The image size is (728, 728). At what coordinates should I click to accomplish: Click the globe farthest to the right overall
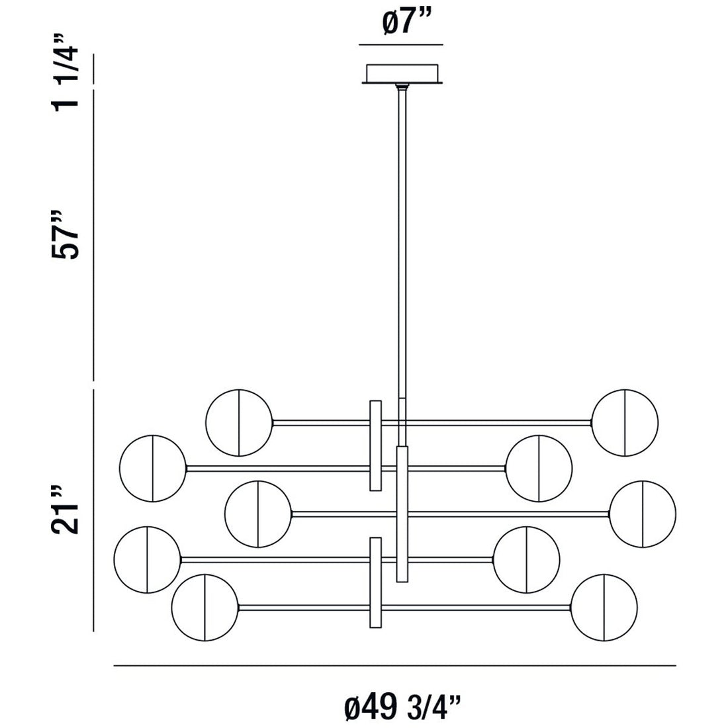[643, 514]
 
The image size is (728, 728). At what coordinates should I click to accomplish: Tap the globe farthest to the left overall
[147, 559]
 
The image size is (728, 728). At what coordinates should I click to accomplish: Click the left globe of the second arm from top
[153, 467]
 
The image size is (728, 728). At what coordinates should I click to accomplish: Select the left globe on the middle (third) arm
[258, 514]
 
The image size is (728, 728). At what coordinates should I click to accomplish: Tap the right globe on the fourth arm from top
[527, 559]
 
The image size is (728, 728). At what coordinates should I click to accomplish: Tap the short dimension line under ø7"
[401, 44]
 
